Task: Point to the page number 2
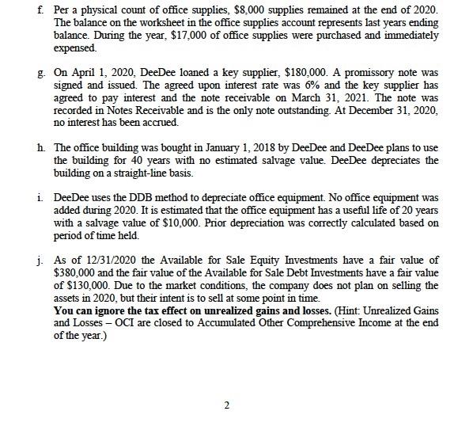(x=226, y=406)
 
